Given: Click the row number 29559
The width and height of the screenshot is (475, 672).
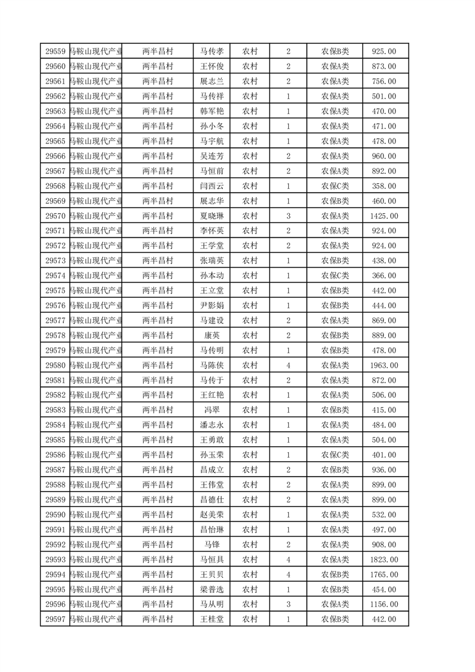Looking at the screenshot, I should point(55,52).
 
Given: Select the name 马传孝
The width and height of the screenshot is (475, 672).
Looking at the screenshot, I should point(211,52).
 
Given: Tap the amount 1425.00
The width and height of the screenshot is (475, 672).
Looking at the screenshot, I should point(383,216).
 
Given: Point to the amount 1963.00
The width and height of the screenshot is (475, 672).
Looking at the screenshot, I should point(383,365).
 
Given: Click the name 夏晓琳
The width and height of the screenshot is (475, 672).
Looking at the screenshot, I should point(211,216).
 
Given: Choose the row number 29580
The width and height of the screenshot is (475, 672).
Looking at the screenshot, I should point(55,365).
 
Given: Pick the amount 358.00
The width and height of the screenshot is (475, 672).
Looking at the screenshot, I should point(383,186).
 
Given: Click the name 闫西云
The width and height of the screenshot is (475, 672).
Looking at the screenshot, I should point(211,186).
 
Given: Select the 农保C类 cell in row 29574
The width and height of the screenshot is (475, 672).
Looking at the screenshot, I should point(335,276).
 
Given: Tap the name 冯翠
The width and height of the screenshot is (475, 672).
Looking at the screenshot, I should point(211,410).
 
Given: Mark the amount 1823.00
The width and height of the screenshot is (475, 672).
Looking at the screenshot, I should point(383,559).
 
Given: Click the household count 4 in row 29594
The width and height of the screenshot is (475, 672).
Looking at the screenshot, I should point(288,574).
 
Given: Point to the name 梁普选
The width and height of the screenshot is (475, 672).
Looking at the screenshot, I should point(211,589).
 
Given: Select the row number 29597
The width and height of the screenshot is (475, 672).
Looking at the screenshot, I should point(55,619).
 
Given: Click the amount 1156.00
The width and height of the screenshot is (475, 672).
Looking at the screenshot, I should point(383,604).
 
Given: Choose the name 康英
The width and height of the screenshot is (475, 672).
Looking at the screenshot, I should point(211,335).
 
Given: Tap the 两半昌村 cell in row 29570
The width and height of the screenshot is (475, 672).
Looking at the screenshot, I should point(158,216).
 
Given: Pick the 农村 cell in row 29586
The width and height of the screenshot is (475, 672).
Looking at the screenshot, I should point(250,455).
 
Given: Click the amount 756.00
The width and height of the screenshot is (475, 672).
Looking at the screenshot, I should point(383,81).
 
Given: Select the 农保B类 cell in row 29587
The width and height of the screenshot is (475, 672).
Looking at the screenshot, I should point(335,470).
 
